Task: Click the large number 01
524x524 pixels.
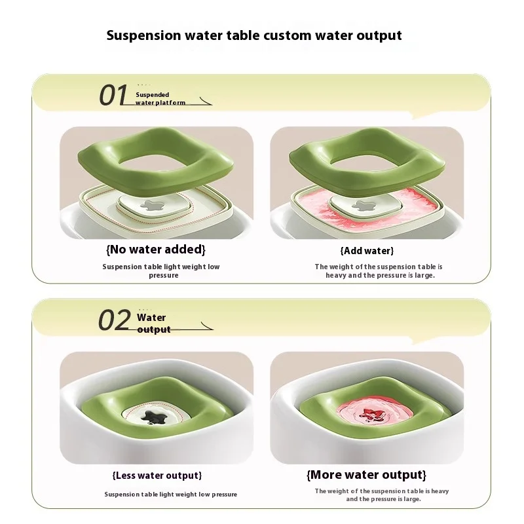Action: (x=113, y=96)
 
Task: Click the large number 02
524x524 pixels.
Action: (x=114, y=321)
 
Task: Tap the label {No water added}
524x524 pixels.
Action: (x=156, y=250)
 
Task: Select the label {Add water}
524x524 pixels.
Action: (x=367, y=251)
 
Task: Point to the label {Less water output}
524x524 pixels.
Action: (x=157, y=475)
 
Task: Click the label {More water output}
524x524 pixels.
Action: (x=366, y=474)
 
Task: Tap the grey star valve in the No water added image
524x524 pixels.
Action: (x=156, y=204)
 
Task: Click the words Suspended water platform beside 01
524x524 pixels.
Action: (x=160, y=99)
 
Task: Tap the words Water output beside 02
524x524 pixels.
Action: (x=153, y=324)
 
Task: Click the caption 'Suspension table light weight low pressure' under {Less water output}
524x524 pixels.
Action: (x=170, y=495)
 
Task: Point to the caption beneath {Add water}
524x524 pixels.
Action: (x=379, y=271)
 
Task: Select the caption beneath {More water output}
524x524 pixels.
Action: (x=381, y=495)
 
